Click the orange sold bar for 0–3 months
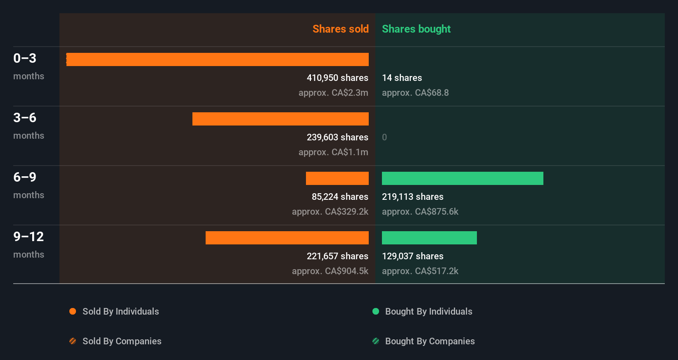[x=218, y=59]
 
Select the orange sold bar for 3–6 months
[x=280, y=119]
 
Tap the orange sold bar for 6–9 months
[x=337, y=178]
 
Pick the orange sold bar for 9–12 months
[x=287, y=238]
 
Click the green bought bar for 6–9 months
[x=462, y=178]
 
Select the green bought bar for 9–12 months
[x=429, y=238]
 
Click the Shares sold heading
[x=340, y=29]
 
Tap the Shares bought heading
[x=416, y=29]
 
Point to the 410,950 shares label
[x=337, y=78]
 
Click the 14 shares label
[x=402, y=78]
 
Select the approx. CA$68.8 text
[x=415, y=92]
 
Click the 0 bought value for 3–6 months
[x=384, y=137]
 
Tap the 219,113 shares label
[x=412, y=197]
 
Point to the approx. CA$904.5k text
[x=330, y=271]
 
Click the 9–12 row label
[x=28, y=237]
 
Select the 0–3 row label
[x=25, y=58]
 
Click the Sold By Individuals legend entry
[x=120, y=311]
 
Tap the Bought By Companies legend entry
[x=429, y=341]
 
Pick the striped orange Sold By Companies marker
[x=73, y=341]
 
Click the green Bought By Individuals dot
[x=376, y=311]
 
